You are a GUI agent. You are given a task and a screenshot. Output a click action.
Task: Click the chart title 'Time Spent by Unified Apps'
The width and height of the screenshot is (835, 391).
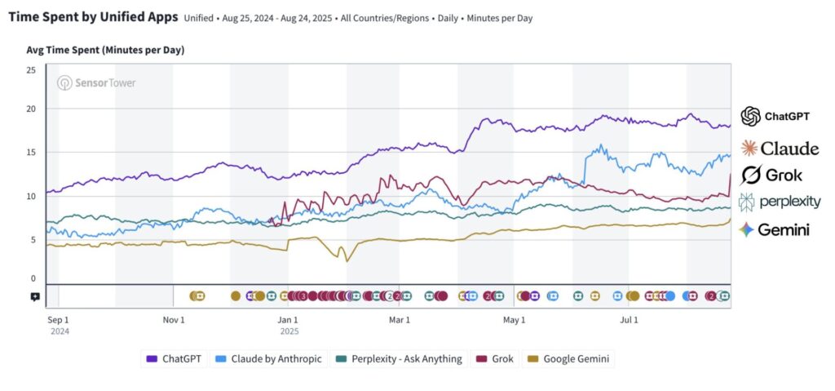pyautogui.click(x=92, y=17)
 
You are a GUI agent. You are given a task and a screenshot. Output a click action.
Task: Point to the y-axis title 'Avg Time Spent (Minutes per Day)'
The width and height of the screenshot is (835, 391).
pyautogui.click(x=105, y=51)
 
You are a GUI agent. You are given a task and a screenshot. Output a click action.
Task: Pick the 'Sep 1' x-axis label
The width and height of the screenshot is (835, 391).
pyautogui.click(x=59, y=320)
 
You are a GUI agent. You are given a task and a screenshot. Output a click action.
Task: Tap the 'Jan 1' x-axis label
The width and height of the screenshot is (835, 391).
pyautogui.click(x=289, y=320)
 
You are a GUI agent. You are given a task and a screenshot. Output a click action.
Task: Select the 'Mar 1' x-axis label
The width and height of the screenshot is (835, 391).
pyautogui.click(x=398, y=320)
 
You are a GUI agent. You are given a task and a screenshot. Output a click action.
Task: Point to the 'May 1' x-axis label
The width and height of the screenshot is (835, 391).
pyautogui.click(x=514, y=320)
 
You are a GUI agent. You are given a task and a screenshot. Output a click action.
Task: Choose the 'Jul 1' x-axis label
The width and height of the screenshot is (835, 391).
pyautogui.click(x=629, y=320)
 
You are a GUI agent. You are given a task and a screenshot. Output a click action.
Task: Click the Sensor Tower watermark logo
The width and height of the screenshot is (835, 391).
pyautogui.click(x=96, y=82)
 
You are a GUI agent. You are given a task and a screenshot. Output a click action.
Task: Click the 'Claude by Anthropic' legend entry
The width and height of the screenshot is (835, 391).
pyautogui.click(x=268, y=358)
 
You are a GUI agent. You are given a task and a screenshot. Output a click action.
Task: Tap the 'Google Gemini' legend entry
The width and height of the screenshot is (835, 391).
pyautogui.click(x=569, y=358)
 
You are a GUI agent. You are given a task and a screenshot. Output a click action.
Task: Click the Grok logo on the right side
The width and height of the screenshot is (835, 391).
pyautogui.click(x=771, y=175)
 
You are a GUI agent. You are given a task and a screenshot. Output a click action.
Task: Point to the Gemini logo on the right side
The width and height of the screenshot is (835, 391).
pyautogui.click(x=774, y=230)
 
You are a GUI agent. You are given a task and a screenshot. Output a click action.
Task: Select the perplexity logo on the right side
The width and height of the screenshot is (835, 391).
pyautogui.click(x=780, y=202)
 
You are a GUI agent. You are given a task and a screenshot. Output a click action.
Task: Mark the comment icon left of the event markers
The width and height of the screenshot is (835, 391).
pyautogui.click(x=35, y=296)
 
